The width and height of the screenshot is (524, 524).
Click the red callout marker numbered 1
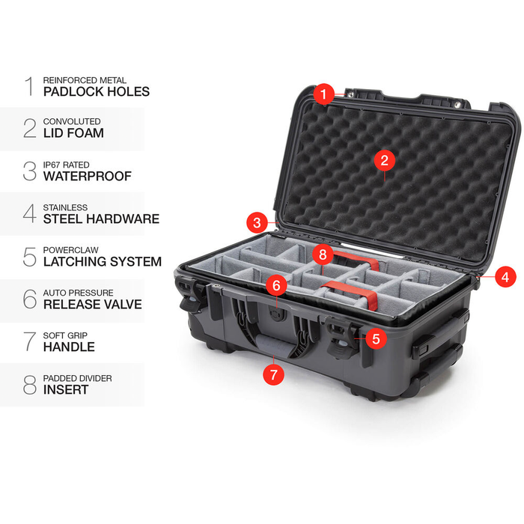click(x=323, y=94)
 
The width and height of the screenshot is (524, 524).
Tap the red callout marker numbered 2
click(x=384, y=159)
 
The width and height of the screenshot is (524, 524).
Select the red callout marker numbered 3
click(x=257, y=222)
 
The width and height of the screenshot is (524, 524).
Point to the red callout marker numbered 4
click(x=505, y=276)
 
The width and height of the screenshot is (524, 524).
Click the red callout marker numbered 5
click(x=375, y=338)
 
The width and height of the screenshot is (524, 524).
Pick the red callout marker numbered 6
click(x=275, y=285)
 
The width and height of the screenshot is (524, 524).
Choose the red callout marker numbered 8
click(x=322, y=254)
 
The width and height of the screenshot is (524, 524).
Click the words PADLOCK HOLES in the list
click(x=96, y=92)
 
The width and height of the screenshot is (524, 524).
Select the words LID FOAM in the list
click(x=73, y=133)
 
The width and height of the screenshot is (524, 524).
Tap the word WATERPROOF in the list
click(x=87, y=177)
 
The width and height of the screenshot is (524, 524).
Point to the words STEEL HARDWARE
click(x=101, y=219)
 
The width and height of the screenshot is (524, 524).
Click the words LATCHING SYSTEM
click(x=102, y=262)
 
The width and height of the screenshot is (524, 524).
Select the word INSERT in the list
click(x=66, y=389)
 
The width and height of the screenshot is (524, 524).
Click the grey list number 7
click(x=29, y=341)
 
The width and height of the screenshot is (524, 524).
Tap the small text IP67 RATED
click(x=68, y=164)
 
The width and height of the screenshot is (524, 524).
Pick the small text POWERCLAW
click(x=70, y=249)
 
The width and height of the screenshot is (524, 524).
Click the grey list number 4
click(x=29, y=213)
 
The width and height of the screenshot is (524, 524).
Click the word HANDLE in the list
click(x=69, y=347)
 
